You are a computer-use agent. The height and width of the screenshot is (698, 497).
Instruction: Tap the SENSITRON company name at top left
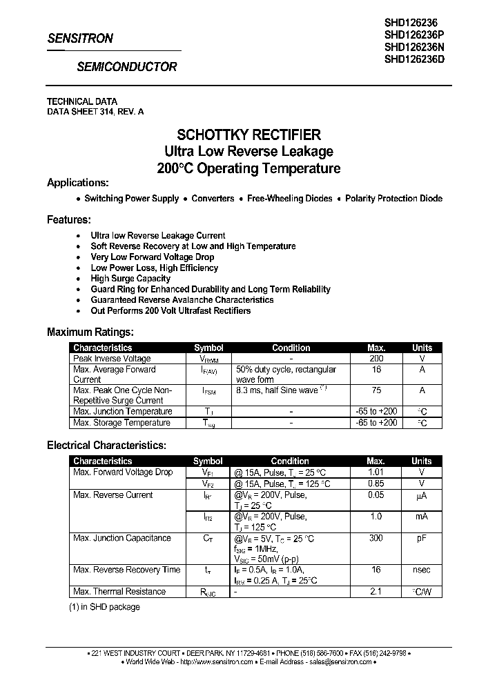tap(80, 39)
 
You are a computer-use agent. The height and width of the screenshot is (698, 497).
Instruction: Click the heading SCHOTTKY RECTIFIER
tap(248, 134)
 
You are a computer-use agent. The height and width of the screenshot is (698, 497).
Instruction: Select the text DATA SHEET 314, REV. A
tap(95, 111)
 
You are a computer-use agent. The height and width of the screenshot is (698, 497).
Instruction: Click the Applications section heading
tap(77, 183)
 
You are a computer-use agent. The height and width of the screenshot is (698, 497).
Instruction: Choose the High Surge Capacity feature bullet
tap(130, 279)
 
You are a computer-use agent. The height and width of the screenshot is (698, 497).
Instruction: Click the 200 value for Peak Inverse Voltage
tap(376, 359)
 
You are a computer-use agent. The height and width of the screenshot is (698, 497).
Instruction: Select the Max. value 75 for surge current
tap(376, 390)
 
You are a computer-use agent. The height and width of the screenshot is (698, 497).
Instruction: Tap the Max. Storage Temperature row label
tap(121, 423)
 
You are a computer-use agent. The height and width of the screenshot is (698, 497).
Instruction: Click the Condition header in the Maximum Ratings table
tap(291, 348)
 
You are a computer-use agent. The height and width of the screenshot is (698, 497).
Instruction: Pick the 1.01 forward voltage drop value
tap(376, 472)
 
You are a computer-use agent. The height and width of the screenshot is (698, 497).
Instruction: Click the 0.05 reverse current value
tap(376, 495)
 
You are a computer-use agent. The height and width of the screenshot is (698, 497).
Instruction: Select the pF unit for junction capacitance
tap(421, 538)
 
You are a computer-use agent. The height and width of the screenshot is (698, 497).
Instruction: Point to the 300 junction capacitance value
tap(376, 538)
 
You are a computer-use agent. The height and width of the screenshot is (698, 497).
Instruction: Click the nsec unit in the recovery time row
tap(421, 570)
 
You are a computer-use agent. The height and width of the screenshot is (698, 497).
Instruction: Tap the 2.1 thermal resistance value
tap(376, 592)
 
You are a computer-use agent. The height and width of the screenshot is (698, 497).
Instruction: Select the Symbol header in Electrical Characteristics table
tap(207, 461)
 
